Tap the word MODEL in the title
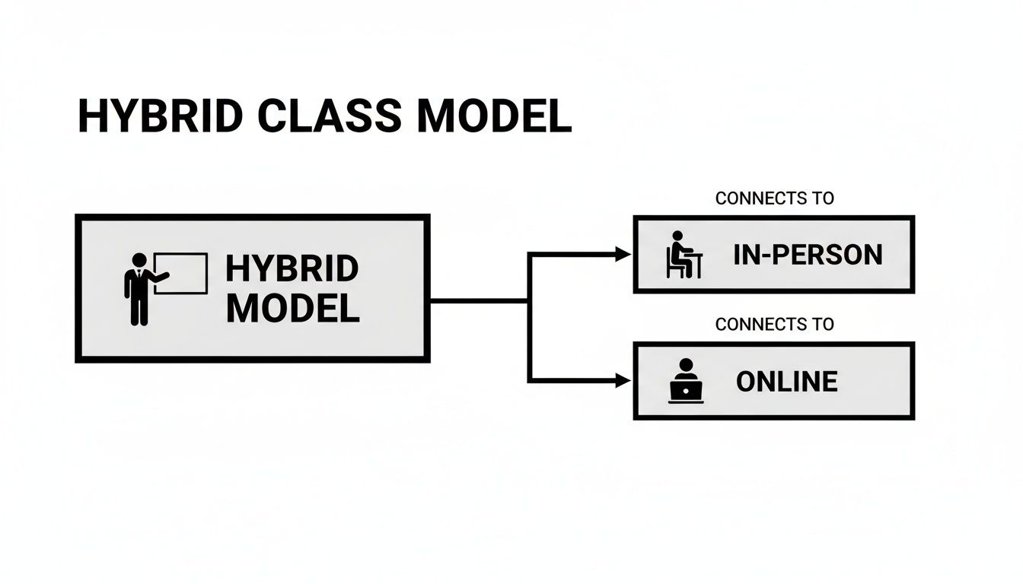(x=494, y=117)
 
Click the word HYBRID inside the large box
(x=292, y=269)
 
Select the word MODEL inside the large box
(x=292, y=308)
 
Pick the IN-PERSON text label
(x=808, y=255)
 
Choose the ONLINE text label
(x=787, y=381)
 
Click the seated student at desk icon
(x=684, y=255)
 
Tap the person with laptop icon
(x=686, y=380)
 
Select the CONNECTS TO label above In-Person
(x=774, y=198)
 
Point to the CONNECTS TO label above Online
(x=774, y=325)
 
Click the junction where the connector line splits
(x=529, y=301)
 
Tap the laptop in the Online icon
(x=686, y=391)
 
